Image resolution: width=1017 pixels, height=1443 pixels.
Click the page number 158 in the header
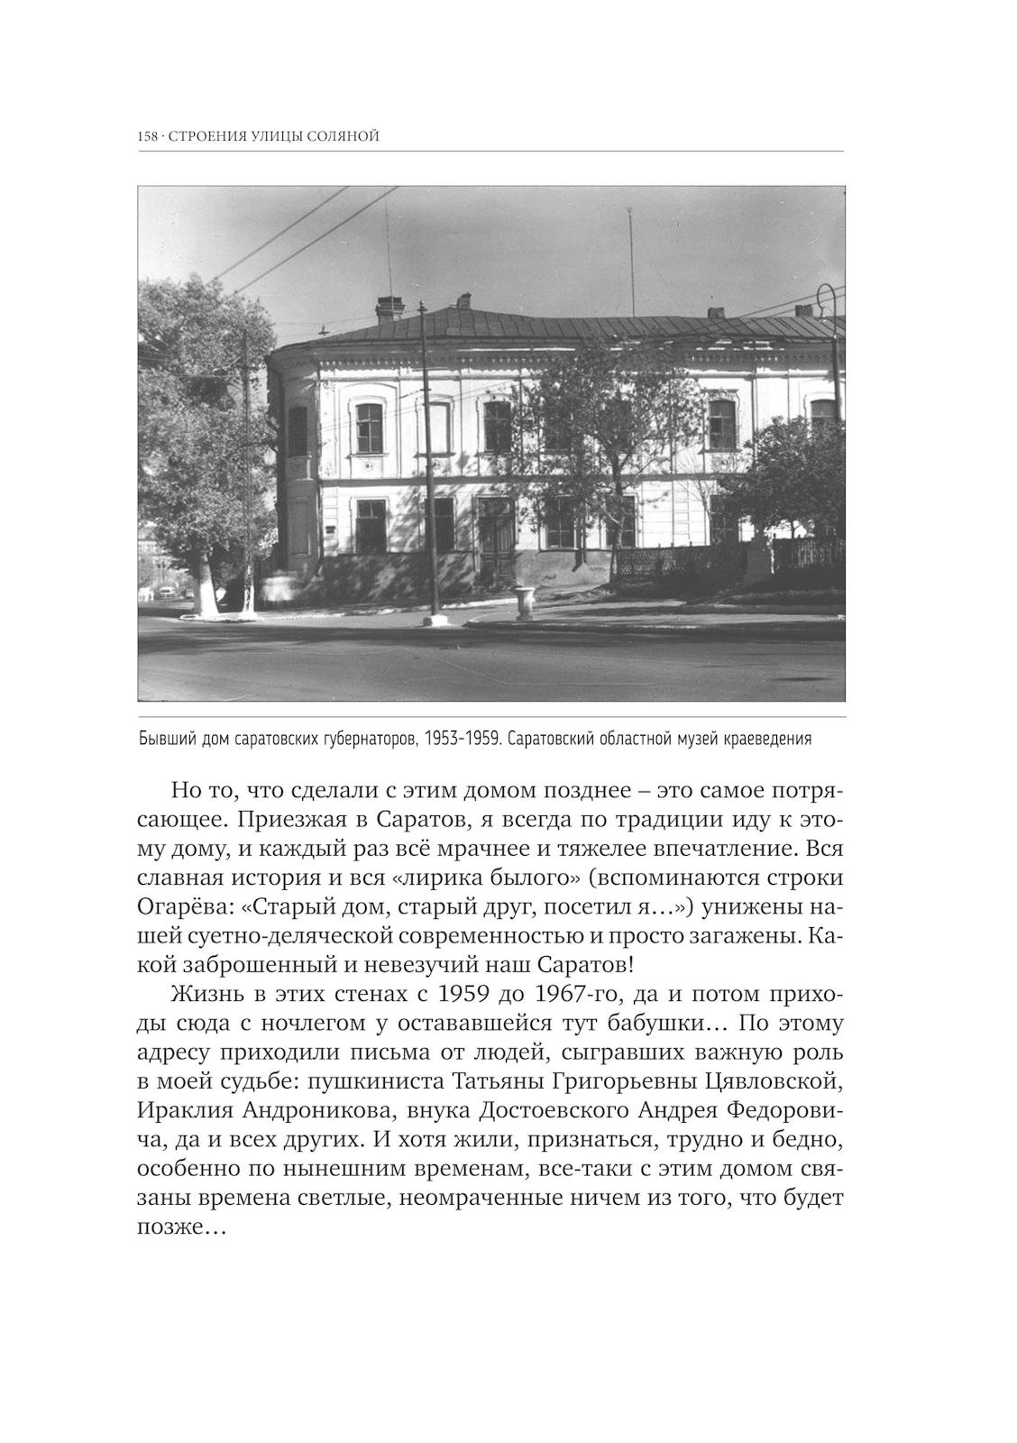coord(147,136)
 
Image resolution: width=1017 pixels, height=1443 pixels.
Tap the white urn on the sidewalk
coord(523,602)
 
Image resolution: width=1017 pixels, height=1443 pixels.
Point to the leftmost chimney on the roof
coord(389,308)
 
